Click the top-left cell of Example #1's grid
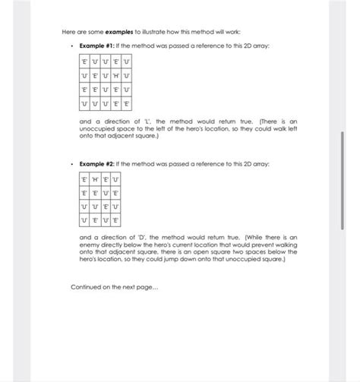point(84,62)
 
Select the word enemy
point(91,245)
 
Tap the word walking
point(286,245)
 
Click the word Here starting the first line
point(68,31)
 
